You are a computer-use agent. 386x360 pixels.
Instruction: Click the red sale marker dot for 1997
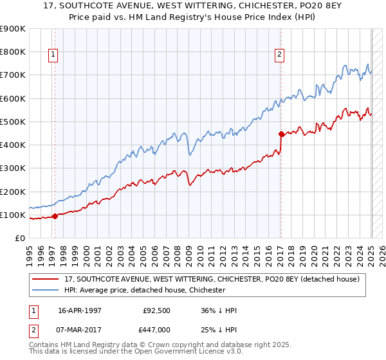point(55,216)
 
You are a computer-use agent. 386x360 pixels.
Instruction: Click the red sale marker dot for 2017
point(281,134)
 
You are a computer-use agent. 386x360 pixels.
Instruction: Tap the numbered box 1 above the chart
point(52,55)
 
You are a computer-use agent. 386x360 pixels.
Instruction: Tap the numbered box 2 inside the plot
point(279,55)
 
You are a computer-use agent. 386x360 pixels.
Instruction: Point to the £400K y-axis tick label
point(12,145)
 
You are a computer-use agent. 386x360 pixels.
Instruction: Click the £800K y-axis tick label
point(12,51)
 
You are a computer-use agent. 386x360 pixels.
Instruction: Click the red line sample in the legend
point(46,278)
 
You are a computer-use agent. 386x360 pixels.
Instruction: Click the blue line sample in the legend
point(46,290)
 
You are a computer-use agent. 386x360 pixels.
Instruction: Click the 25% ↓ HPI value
point(219,330)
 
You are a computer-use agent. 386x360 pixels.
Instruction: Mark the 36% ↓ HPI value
point(219,310)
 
